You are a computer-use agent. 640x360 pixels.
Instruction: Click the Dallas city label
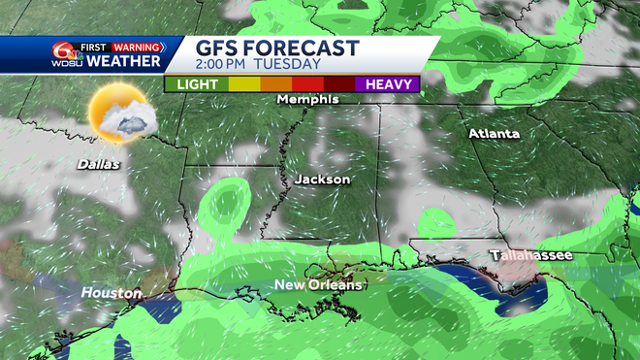pos(99,164)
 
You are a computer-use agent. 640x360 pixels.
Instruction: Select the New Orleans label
pos(318,284)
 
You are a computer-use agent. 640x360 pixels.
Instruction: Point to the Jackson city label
pos(322,180)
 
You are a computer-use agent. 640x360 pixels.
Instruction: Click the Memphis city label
pos(307,99)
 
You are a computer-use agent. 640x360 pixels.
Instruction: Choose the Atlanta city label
pos(494,133)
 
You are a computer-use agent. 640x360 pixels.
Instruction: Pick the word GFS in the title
pos(216,48)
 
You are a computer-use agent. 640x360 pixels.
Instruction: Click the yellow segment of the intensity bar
pos(243,84)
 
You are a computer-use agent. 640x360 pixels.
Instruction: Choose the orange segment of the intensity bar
pos(275,84)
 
